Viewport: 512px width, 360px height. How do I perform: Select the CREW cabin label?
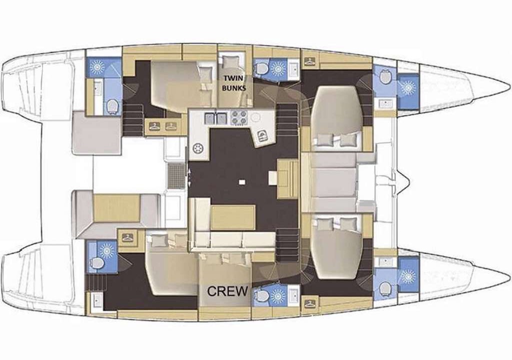click(227, 291)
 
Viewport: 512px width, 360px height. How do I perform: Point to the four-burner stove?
click(238, 118)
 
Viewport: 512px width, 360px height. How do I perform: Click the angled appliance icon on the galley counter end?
click(262, 136)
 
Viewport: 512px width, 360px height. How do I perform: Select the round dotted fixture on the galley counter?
click(197, 149)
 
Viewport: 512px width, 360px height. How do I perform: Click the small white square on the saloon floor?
click(241, 182)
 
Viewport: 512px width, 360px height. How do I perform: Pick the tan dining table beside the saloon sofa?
click(233, 217)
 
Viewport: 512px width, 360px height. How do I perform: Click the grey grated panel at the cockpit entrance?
click(176, 176)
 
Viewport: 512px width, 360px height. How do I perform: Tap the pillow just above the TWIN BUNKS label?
click(231, 62)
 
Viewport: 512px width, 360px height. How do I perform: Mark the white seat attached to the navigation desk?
click(273, 178)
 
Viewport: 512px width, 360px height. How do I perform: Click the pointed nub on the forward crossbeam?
click(406, 180)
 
